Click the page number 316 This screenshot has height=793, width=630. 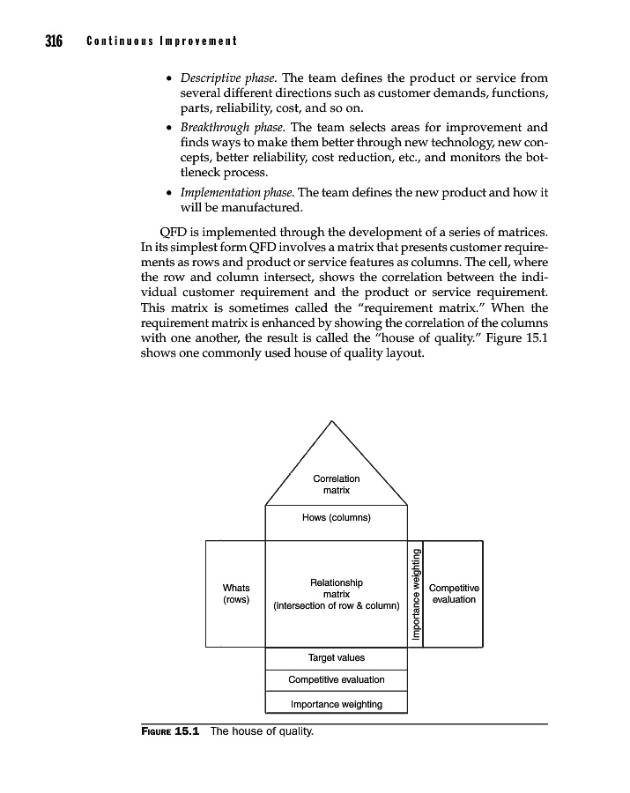point(46,41)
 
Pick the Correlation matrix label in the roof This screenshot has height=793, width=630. point(336,484)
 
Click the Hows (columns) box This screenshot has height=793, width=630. point(336,517)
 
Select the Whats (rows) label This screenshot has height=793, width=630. point(236,593)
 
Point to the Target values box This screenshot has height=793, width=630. point(336,657)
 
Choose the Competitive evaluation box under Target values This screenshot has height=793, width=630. point(336,679)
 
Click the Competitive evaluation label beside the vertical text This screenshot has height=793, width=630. point(454,593)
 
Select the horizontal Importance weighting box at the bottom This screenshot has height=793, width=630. point(336,703)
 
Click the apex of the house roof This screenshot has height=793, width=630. point(333,422)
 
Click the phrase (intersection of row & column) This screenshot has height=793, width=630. point(337,606)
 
